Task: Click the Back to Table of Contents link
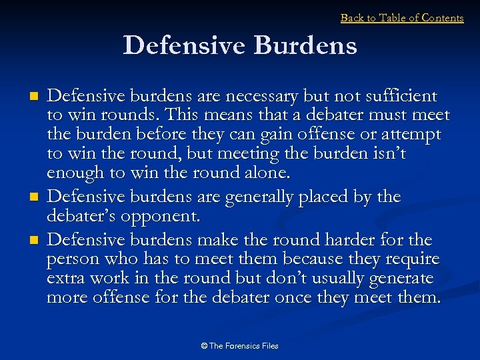pyautogui.click(x=402, y=18)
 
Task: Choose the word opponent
pyautogui.click(x=176, y=217)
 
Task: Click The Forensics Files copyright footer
pyautogui.click(x=240, y=346)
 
